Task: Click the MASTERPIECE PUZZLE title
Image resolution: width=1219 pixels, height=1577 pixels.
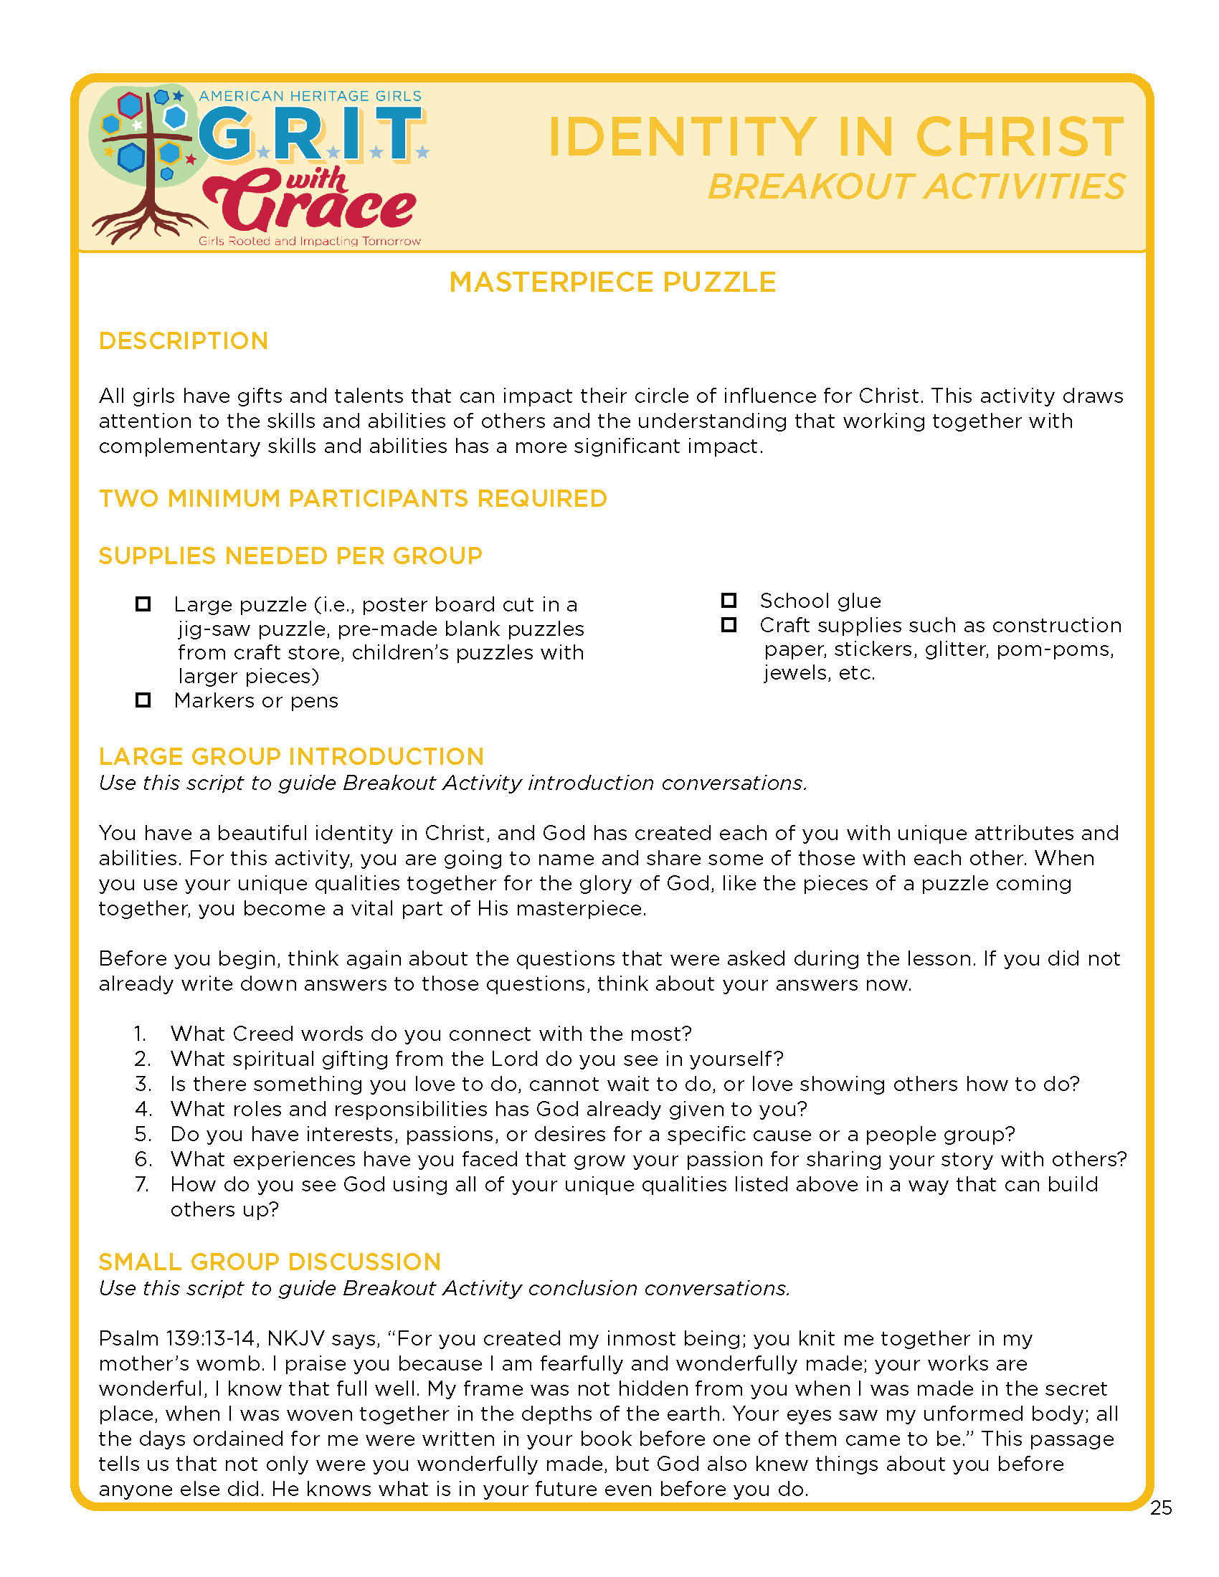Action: click(x=612, y=282)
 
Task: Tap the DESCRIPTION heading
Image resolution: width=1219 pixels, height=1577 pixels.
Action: click(x=184, y=340)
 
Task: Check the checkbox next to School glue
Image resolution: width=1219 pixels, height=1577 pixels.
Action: click(x=729, y=601)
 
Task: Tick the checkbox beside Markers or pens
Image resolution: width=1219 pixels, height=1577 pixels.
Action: click(x=143, y=700)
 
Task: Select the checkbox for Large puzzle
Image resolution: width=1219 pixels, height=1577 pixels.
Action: click(x=143, y=604)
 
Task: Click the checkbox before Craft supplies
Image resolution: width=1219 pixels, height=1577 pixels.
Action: click(x=729, y=624)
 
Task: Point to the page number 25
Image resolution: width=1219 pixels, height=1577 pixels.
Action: click(x=1160, y=1507)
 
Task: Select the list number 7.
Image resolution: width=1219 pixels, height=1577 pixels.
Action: click(x=141, y=1184)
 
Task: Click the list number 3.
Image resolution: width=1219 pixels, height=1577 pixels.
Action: click(x=142, y=1084)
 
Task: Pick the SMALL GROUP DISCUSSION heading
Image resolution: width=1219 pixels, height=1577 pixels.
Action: click(x=270, y=1262)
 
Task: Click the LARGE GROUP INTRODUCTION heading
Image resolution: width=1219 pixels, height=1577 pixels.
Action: click(x=291, y=756)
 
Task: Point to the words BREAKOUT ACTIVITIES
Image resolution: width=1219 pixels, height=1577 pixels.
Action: click(x=916, y=186)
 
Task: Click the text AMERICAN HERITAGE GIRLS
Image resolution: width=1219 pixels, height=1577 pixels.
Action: click(x=310, y=96)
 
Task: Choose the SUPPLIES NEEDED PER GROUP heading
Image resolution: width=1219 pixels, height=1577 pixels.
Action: click(x=290, y=556)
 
